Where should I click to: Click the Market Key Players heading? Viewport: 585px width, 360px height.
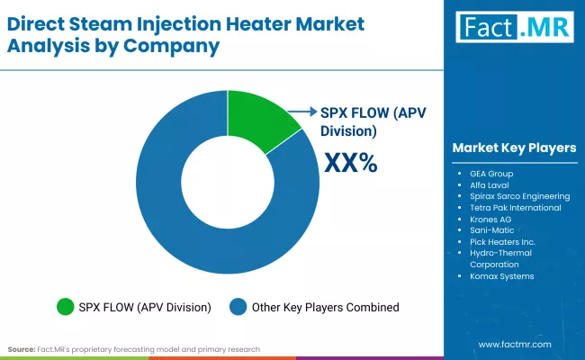[x=514, y=148]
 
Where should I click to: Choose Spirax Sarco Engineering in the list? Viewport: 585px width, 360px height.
[x=519, y=195]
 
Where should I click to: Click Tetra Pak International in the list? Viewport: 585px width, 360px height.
[x=515, y=207]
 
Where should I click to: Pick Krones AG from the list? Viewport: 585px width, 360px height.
[x=490, y=219]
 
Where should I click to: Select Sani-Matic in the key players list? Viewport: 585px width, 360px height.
[x=491, y=230]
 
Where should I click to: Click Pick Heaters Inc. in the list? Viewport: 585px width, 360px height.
[x=502, y=242]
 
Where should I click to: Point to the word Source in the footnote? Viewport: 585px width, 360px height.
[x=22, y=348]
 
